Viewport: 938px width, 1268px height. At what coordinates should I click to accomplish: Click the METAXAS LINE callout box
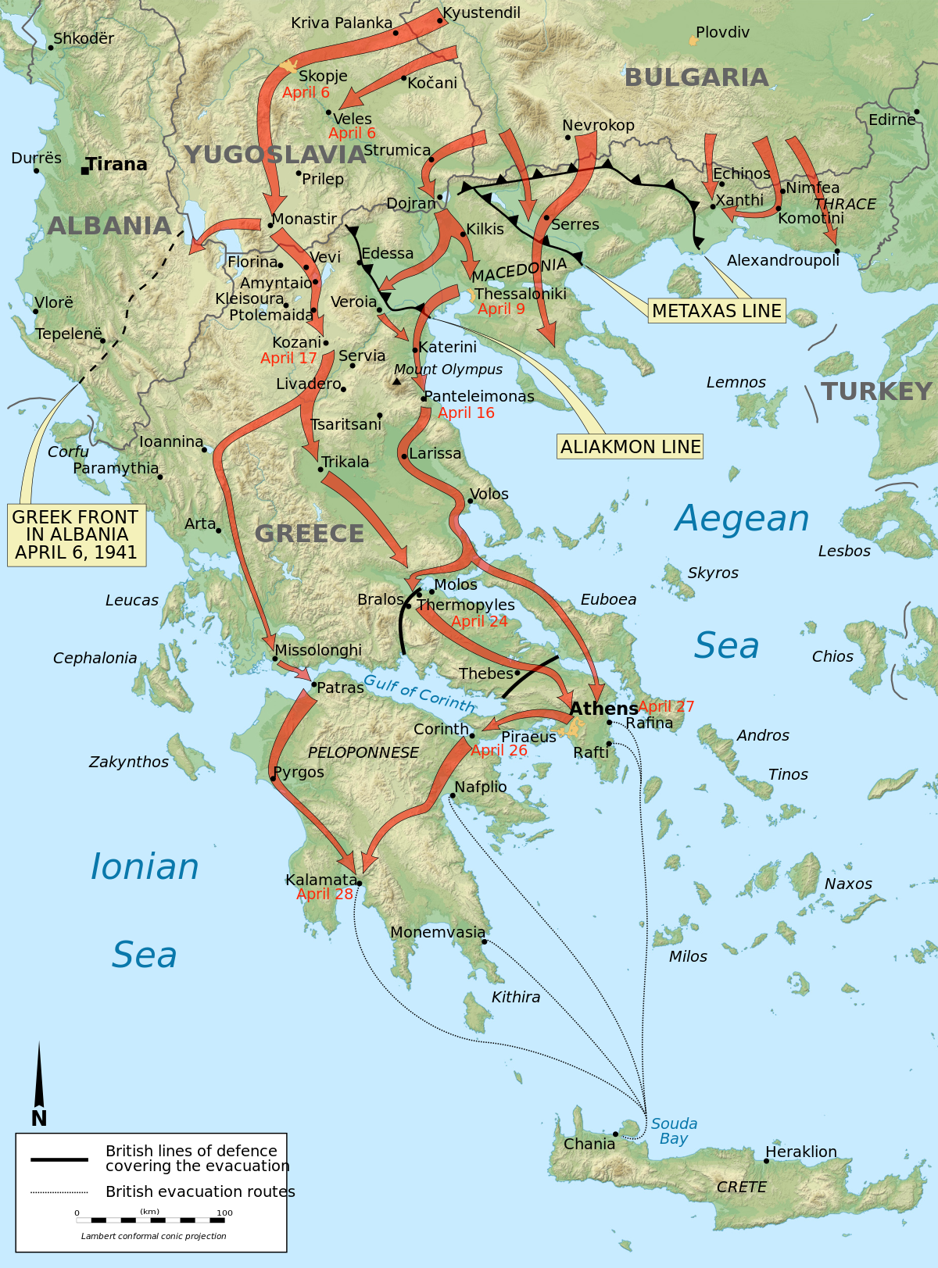point(716,311)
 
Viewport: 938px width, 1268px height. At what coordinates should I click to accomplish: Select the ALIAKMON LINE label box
point(630,447)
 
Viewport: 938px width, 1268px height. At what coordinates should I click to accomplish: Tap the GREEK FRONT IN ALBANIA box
point(76,535)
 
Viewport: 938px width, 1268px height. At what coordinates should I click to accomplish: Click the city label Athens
point(603,709)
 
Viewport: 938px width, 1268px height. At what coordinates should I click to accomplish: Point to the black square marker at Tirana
point(85,170)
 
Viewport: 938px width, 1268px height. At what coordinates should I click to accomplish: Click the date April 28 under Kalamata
point(324,895)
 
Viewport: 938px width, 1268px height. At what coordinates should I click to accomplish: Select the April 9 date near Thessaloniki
point(501,309)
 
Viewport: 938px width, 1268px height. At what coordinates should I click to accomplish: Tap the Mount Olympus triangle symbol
point(397,382)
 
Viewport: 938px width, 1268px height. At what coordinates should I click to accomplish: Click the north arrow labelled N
point(39,1086)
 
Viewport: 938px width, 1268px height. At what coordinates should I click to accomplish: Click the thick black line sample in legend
point(59,1159)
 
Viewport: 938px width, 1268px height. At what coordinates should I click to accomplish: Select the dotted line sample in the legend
point(59,1192)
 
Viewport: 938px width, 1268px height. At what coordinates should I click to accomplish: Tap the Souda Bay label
point(674,1130)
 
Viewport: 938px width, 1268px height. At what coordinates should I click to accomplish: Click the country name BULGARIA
point(696,77)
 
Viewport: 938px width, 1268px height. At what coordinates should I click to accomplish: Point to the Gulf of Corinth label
point(420,693)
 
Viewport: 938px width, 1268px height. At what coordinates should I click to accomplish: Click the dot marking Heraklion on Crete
point(766,1161)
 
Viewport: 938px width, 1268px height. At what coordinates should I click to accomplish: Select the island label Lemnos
point(736,383)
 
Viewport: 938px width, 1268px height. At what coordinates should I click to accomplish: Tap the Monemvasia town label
point(438,932)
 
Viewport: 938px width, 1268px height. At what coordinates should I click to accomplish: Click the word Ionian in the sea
point(145,867)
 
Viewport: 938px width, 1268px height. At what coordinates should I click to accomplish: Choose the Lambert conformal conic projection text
point(154,1236)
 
